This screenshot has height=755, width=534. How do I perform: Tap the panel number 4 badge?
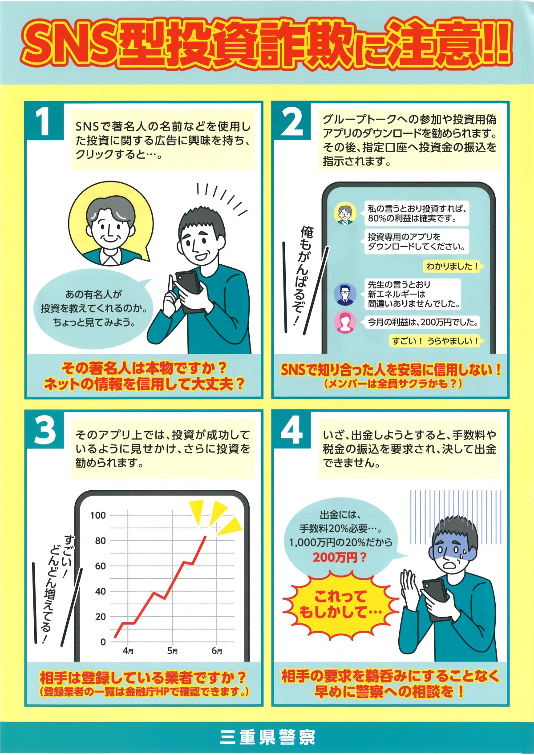tap(292, 429)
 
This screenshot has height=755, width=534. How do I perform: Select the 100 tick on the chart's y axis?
tap(98, 515)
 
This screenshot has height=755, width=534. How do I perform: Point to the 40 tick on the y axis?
tap(101, 591)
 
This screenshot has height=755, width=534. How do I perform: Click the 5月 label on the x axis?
tap(173, 651)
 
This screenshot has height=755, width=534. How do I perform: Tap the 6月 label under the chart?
tap(217, 651)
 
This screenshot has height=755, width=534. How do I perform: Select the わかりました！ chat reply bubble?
tap(453, 266)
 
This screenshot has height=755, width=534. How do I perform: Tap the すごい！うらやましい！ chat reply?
tap(436, 341)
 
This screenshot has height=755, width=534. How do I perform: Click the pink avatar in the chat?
tap(345, 322)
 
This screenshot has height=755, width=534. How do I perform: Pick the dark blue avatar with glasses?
tap(345, 294)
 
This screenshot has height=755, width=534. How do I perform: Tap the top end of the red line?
tap(205, 536)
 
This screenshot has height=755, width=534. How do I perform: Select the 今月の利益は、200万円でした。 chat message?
tap(423, 323)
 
